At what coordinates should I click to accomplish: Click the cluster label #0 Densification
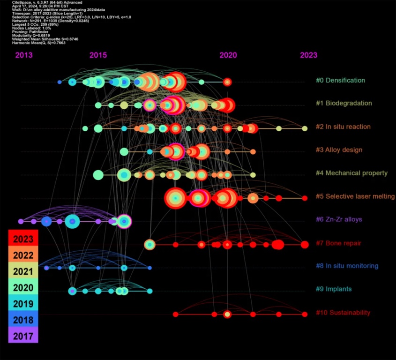click(x=340, y=80)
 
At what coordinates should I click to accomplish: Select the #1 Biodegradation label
click(x=344, y=103)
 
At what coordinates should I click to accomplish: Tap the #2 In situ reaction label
click(x=343, y=127)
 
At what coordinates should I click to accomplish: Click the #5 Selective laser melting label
click(x=355, y=196)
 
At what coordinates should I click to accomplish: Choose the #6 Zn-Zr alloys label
click(x=339, y=219)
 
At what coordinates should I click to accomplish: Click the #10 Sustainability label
click(x=343, y=313)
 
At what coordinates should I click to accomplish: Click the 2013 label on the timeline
click(x=24, y=55)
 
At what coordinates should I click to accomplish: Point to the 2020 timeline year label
click(x=228, y=55)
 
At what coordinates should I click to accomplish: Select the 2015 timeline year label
click(x=98, y=55)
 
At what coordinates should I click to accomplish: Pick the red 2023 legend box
click(x=23, y=239)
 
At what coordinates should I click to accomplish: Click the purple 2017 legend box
click(x=23, y=335)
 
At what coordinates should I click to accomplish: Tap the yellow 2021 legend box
click(x=23, y=271)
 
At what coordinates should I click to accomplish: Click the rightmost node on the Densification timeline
click(x=227, y=82)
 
